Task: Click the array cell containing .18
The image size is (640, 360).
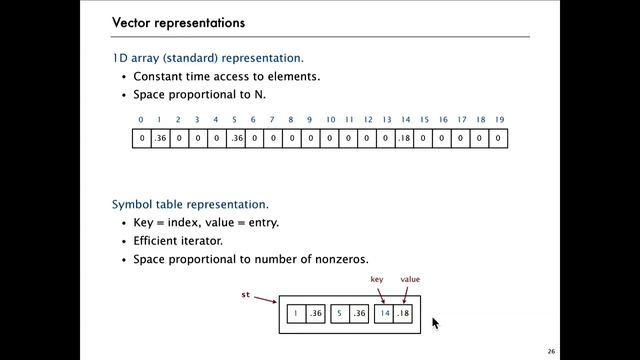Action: coord(404,138)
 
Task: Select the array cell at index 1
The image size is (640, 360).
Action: coord(160,138)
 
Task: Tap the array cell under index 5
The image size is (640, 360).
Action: coord(235,138)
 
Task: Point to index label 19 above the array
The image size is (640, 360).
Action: coord(498,120)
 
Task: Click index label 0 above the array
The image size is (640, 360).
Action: coord(141,120)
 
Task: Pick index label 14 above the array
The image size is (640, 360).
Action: coord(404,120)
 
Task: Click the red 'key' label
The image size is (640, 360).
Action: coord(377,279)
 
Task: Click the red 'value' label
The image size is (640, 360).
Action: coord(410,279)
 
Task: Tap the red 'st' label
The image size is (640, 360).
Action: coord(246,295)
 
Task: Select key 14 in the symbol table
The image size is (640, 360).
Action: coord(384,314)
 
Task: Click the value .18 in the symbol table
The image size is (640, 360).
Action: coord(404,314)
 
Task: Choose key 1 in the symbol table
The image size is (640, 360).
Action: coord(296,314)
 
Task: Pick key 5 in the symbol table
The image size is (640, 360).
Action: coord(340,314)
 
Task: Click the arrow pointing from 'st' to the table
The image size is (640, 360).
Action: coord(266,299)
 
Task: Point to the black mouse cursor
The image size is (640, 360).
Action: coord(435,322)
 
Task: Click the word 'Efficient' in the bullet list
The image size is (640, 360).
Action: coord(159,241)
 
